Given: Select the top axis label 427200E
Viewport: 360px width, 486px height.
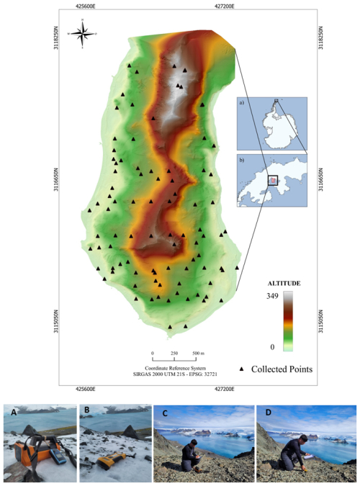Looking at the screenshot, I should (x=225, y=5).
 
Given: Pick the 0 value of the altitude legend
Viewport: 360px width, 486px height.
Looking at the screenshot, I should (x=272, y=346).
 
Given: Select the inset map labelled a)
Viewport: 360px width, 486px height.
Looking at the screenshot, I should (x=272, y=120).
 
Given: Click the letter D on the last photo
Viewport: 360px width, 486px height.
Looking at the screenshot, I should (x=266, y=412).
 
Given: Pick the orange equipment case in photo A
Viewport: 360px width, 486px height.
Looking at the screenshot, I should (x=30, y=457).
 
